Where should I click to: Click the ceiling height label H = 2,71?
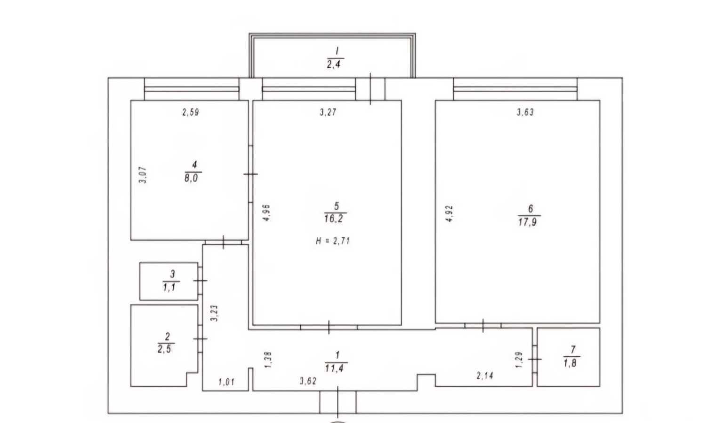(x=333, y=241)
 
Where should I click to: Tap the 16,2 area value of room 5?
(x=333, y=219)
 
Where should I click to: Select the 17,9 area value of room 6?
(x=528, y=222)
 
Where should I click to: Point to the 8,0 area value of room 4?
(x=191, y=178)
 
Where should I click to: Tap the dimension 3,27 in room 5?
(x=328, y=112)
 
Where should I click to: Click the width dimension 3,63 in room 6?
(x=525, y=112)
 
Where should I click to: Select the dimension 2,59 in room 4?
(x=191, y=112)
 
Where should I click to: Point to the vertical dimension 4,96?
(x=267, y=213)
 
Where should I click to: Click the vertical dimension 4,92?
(x=449, y=214)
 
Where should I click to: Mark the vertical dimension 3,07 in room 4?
(x=143, y=175)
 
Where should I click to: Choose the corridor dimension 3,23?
(x=214, y=313)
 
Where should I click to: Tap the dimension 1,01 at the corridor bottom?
(x=226, y=382)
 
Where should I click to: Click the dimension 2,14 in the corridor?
(x=485, y=376)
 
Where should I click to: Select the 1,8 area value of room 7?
(x=570, y=363)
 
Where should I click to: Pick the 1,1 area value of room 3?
(x=169, y=288)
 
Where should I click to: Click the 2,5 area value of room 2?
(x=164, y=349)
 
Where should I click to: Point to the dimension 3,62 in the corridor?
(x=308, y=381)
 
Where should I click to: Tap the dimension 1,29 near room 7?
(x=519, y=360)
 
